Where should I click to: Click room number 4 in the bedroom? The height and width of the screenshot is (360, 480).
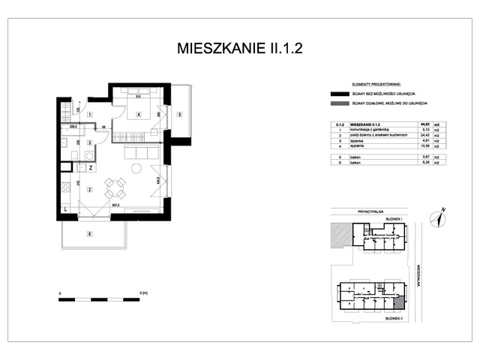[139, 115]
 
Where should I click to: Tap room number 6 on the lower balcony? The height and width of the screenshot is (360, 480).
[89, 235]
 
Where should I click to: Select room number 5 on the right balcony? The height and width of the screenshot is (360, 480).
[180, 115]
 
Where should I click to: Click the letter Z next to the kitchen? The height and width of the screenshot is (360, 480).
[90, 168]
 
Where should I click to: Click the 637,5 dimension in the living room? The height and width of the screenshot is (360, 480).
[117, 204]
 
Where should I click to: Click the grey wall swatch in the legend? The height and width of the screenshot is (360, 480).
[334, 103]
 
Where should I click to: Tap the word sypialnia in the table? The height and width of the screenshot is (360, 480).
[358, 145]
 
